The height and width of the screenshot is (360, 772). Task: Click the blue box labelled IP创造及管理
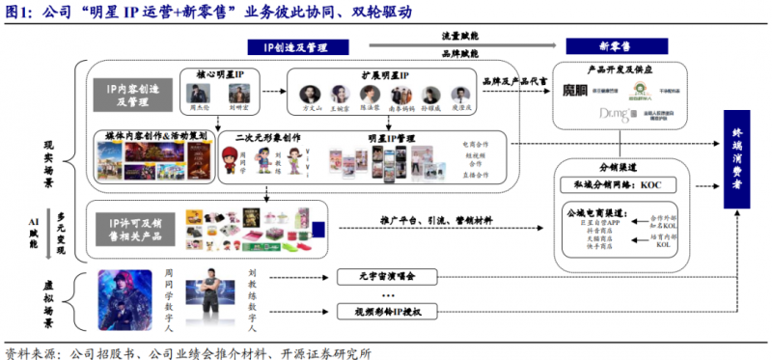(x=294, y=47)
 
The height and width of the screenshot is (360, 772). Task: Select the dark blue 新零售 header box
(x=592, y=47)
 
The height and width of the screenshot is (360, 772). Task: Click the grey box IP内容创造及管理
(x=129, y=94)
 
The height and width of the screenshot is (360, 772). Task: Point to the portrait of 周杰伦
(x=200, y=94)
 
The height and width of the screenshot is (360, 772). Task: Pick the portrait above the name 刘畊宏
(x=234, y=94)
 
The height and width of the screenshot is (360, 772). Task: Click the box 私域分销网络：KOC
(x=629, y=183)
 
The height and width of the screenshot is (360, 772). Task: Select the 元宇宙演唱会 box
(x=386, y=276)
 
